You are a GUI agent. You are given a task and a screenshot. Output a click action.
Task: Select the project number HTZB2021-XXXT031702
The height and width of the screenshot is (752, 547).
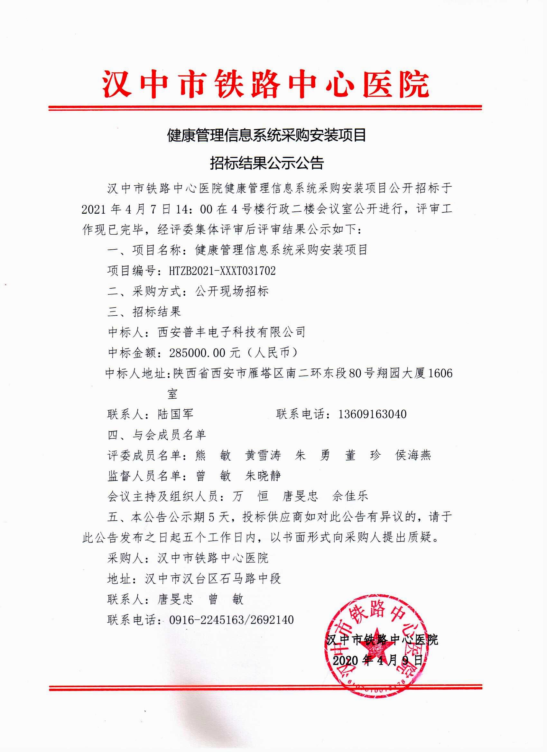coord(222,271)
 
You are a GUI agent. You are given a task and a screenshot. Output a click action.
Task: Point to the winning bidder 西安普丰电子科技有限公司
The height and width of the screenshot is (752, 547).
coord(231,332)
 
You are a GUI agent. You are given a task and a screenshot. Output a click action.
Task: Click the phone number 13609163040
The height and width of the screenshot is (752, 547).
coord(372,414)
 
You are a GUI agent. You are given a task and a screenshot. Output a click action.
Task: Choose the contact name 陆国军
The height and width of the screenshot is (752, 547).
coord(175,414)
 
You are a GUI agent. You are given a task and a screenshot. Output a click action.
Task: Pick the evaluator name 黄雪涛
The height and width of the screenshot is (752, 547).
coord(263,455)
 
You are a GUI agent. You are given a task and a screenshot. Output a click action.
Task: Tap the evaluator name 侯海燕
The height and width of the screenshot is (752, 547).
coord(413,455)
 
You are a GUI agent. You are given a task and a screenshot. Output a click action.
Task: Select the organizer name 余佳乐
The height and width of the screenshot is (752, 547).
coord(350,497)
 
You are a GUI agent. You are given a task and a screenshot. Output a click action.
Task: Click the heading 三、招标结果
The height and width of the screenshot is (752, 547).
coord(144,312)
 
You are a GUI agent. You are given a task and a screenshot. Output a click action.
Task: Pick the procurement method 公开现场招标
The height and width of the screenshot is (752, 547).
coord(232,292)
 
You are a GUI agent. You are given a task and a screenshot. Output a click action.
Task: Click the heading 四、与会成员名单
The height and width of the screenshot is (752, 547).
coord(157,435)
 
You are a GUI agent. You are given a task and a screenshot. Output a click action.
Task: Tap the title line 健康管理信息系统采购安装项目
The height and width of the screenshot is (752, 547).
coord(266,135)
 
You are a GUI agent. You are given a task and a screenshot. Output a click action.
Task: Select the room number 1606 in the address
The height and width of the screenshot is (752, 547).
coord(440,373)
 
